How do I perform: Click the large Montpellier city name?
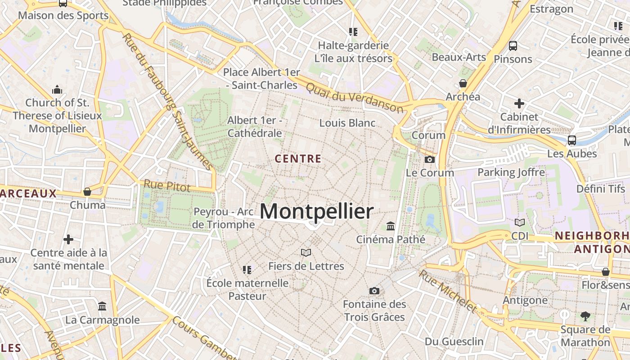coord(316,211)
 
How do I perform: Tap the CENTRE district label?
coord(298,159)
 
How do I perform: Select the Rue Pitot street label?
coord(167,185)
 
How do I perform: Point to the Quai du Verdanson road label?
coord(354,97)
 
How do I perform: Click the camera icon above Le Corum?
coord(430,159)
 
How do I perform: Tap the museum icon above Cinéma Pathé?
coord(391,226)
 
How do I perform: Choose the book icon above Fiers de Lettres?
coord(306,252)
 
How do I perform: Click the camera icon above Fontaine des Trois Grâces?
coord(374,291)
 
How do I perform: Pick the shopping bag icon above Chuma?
coord(87,192)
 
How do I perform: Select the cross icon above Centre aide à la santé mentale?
coord(68,239)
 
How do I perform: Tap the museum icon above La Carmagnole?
coord(102,306)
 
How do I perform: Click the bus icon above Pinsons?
coord(513,45)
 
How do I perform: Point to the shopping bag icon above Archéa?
coord(463,83)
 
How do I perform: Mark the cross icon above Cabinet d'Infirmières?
coord(519,103)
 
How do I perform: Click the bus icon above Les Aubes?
coord(571,140)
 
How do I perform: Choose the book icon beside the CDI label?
coord(519,222)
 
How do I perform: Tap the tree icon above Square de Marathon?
coord(585,316)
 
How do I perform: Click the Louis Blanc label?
coord(347,123)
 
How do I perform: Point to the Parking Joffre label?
coord(511,172)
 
